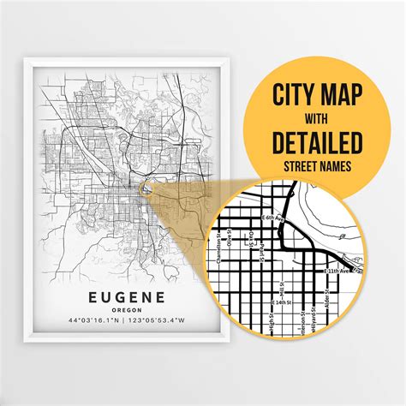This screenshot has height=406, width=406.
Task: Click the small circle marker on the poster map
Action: [x=146, y=189]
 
